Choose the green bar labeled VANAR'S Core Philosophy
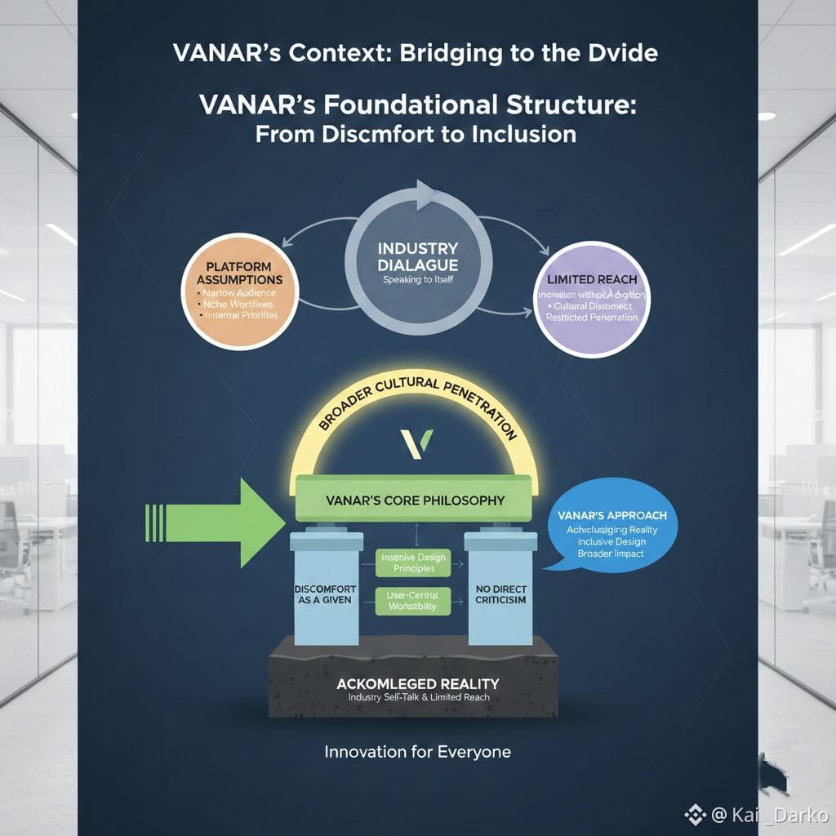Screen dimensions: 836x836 click(414, 500)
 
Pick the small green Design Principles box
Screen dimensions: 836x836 click(414, 563)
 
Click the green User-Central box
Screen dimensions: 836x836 click(414, 601)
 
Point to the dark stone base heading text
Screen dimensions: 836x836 click(417, 683)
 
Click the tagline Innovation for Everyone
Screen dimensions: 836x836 click(417, 751)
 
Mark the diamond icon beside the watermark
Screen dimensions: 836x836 click(695, 814)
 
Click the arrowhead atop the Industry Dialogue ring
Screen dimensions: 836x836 click(426, 196)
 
